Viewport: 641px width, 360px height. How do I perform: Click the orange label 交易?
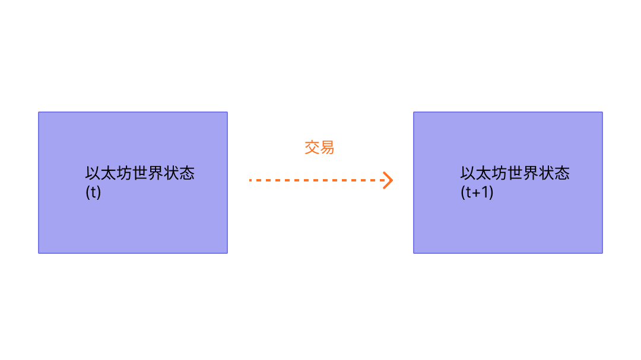(319, 147)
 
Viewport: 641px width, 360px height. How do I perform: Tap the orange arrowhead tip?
(392, 180)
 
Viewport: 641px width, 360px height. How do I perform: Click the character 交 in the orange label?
(312, 147)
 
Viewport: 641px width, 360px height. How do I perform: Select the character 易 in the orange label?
(327, 147)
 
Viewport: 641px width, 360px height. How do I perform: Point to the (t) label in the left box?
(93, 193)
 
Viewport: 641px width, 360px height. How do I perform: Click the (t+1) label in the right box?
(477, 193)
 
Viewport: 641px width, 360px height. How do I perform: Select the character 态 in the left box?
(187, 173)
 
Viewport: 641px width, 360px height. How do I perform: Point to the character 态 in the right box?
(562, 173)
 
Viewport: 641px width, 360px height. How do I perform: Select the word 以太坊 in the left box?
(109, 173)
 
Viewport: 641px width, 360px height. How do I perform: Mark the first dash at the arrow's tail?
(251, 180)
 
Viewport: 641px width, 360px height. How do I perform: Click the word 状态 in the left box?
(179, 173)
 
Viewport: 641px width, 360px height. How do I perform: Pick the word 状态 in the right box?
(554, 173)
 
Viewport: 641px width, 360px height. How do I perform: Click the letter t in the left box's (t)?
(93, 193)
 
